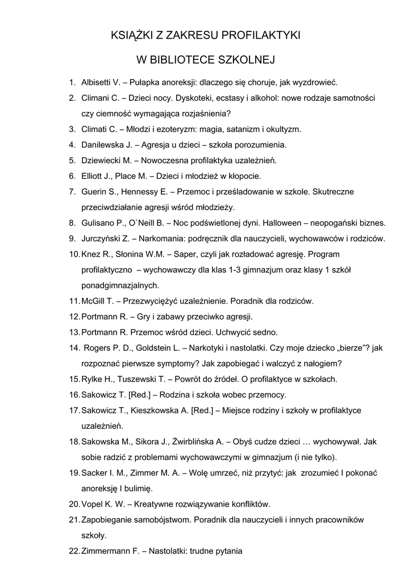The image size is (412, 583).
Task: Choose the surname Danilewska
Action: tap(106, 145)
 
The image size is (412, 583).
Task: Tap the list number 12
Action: tap(74, 316)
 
